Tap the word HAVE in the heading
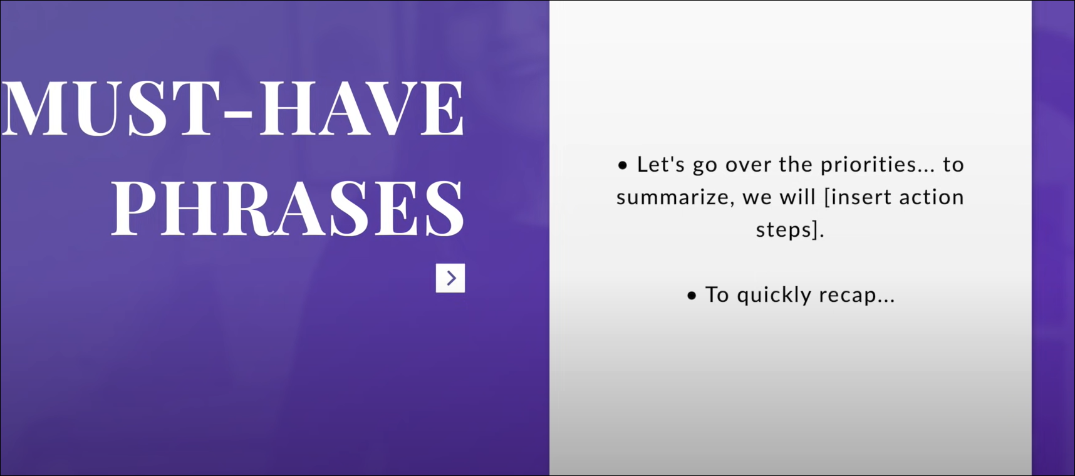(x=362, y=108)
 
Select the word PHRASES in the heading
(x=288, y=208)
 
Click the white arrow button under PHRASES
(x=450, y=278)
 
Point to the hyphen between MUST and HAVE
(x=239, y=114)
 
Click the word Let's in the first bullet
(x=661, y=164)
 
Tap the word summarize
(x=673, y=197)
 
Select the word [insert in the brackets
(x=858, y=197)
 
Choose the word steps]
(x=790, y=230)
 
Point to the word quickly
(x=774, y=295)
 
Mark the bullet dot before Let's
(x=623, y=165)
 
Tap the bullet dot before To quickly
(x=692, y=296)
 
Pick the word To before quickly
(x=717, y=294)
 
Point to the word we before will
(x=757, y=199)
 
